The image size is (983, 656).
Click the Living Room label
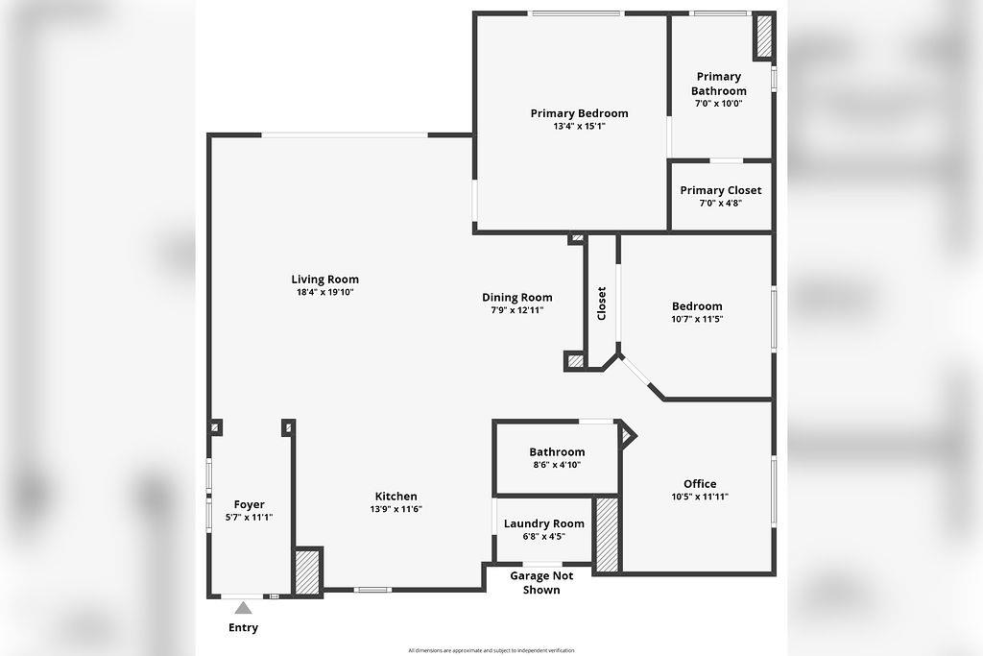(324, 279)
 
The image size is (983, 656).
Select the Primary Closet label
(721, 190)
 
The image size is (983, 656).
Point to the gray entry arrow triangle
(243, 608)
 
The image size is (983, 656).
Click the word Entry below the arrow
(243, 628)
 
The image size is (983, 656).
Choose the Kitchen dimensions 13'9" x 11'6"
(396, 509)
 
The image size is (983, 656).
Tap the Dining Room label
(517, 298)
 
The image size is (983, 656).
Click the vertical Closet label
(602, 304)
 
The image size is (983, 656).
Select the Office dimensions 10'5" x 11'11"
(700, 497)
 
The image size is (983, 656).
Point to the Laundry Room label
(544, 523)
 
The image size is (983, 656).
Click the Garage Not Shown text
(541, 583)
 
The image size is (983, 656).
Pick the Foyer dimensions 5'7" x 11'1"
(249, 518)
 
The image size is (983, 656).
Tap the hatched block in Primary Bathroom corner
(763, 36)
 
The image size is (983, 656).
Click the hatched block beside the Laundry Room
(607, 534)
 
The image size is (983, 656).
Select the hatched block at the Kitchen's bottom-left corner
(308, 571)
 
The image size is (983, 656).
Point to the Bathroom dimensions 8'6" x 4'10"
(557, 465)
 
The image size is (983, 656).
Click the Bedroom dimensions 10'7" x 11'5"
(697, 319)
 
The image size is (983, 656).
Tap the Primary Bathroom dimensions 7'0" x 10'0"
(718, 104)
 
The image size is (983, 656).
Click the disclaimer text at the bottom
(491, 650)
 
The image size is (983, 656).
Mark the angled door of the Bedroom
(637, 370)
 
